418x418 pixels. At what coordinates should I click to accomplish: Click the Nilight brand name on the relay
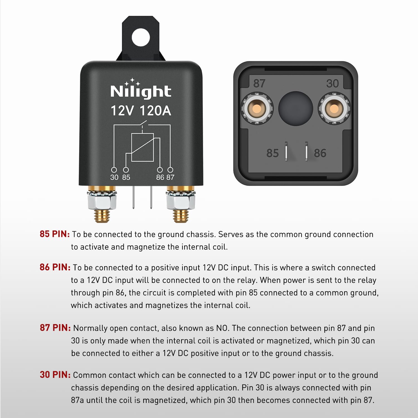pos(141,91)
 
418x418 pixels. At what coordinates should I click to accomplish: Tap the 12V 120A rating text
pos(141,111)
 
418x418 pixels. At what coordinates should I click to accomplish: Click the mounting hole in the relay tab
pos(141,37)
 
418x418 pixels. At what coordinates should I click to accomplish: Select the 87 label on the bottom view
pos(259,83)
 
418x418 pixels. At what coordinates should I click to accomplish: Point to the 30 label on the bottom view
pos(332,83)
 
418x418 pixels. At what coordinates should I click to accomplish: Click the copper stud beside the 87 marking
pos(257,109)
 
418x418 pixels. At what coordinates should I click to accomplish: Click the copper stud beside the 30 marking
pos(334,109)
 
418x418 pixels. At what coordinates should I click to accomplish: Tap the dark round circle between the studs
pos(295,108)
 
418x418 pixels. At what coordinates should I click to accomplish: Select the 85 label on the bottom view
pos(272,153)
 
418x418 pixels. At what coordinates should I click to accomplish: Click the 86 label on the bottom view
pos(320,153)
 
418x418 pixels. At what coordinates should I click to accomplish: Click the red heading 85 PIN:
pos(55,234)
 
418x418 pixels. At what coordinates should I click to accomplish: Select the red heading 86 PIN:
pos(55,267)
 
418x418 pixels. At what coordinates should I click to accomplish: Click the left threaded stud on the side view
pos(102,215)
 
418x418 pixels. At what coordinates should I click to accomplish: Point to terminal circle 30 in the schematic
pos(114,170)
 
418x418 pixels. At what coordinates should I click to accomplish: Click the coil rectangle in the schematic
pos(142,147)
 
